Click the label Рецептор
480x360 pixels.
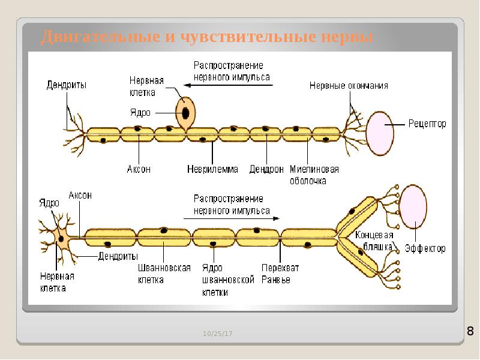click(427, 124)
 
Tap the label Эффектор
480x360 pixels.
click(425, 248)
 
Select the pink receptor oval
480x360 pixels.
click(380, 133)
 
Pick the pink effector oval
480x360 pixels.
click(413, 207)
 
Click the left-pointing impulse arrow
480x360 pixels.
click(228, 85)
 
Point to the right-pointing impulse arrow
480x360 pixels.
click(232, 218)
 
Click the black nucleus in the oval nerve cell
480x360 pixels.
click(185, 113)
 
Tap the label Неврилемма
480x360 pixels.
click(212, 169)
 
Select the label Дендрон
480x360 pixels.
click(266, 169)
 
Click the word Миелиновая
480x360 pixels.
click(314, 169)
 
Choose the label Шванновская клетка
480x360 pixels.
click(164, 274)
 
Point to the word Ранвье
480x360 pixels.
click(275, 280)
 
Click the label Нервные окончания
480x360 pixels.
click(349, 85)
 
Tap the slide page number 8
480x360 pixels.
click(470, 331)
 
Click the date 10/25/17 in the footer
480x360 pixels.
click(217, 334)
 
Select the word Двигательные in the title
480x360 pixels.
click(100, 37)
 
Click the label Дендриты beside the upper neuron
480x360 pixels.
click(67, 85)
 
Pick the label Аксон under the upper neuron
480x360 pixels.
click(139, 169)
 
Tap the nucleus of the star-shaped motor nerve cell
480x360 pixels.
click(61, 238)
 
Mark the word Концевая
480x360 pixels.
click(374, 235)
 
